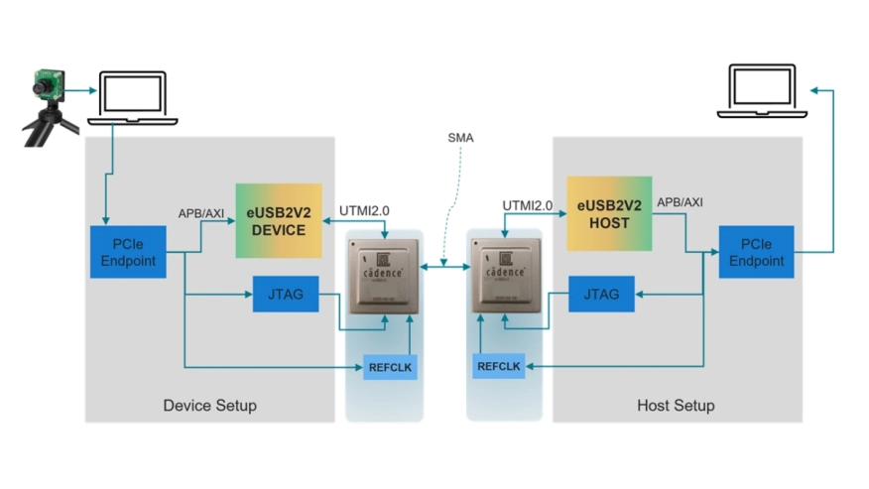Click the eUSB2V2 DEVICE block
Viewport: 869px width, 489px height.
pos(279,220)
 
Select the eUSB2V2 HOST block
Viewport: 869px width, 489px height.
pos(609,213)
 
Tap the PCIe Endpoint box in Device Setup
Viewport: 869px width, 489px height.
pos(128,252)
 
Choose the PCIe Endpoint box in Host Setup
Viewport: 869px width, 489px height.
pos(756,252)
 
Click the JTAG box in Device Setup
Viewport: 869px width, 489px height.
pos(286,294)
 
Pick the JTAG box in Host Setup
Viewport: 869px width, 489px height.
pos(601,294)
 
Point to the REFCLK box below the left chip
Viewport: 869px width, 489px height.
pos(389,367)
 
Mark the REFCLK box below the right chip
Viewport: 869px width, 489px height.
pos(499,366)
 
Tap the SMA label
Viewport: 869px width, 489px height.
pos(461,138)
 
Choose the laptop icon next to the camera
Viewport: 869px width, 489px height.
pos(133,98)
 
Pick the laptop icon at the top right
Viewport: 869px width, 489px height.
pos(762,92)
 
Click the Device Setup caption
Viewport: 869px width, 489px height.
pos(209,406)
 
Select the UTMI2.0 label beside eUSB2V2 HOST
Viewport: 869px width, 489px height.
pos(527,205)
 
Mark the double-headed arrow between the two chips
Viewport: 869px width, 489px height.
pos(444,266)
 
